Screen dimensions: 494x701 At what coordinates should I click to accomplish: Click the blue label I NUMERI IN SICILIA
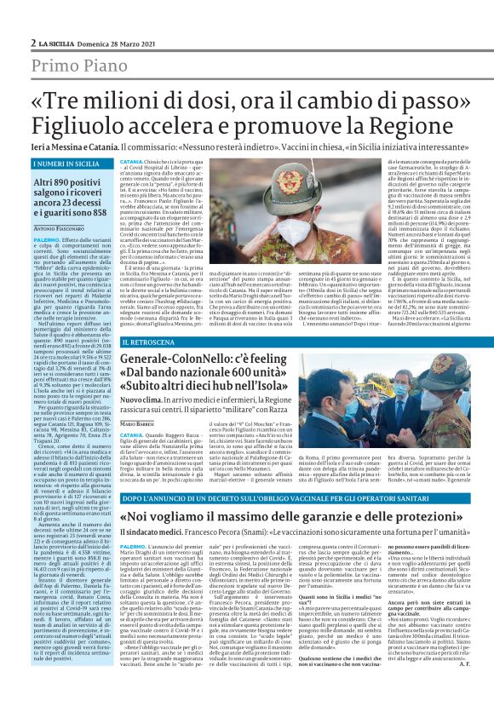pos(63,162)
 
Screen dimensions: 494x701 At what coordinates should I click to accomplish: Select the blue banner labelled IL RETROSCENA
pos(148,342)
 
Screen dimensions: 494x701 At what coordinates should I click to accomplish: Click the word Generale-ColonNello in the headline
pos(176,361)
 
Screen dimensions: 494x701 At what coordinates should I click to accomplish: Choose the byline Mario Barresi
pos(138,423)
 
